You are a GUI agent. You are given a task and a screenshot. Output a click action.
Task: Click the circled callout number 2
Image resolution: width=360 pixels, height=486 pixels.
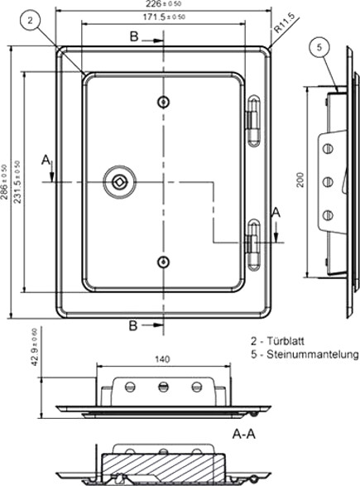[30, 21]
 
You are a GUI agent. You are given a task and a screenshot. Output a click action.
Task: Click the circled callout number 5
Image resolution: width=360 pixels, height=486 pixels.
[319, 47]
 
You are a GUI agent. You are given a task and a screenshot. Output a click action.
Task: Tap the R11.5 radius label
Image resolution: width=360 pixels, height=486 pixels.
[283, 23]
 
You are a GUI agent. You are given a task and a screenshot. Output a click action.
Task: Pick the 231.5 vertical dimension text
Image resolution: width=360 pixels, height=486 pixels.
[17, 182]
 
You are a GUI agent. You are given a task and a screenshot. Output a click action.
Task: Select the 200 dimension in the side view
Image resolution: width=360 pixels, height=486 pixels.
[300, 180]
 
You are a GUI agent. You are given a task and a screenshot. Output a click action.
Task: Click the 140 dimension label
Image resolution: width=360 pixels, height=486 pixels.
[162, 359]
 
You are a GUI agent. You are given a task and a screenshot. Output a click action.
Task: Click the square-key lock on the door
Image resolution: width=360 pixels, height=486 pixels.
[119, 182]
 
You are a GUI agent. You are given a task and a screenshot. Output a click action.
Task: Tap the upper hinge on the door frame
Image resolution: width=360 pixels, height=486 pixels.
[254, 121]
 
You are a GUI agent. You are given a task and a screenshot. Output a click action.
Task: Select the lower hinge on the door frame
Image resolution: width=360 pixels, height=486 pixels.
[254, 245]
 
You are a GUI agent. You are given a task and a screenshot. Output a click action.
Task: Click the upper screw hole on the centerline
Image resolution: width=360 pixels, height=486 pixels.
[163, 102]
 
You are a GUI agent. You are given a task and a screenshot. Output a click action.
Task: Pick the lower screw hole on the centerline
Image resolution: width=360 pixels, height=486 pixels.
[163, 262]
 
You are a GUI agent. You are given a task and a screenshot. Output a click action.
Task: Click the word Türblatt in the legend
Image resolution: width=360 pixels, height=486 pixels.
[286, 341]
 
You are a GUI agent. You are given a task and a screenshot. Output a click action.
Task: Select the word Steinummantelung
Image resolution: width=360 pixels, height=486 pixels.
[313, 354]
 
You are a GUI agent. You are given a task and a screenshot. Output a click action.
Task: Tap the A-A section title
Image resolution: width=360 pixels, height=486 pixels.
[244, 434]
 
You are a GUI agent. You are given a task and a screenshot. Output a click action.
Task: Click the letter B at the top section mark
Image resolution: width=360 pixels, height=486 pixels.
[134, 36]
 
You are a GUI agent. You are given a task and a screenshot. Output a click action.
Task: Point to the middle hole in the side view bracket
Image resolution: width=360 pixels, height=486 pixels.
[328, 181]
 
